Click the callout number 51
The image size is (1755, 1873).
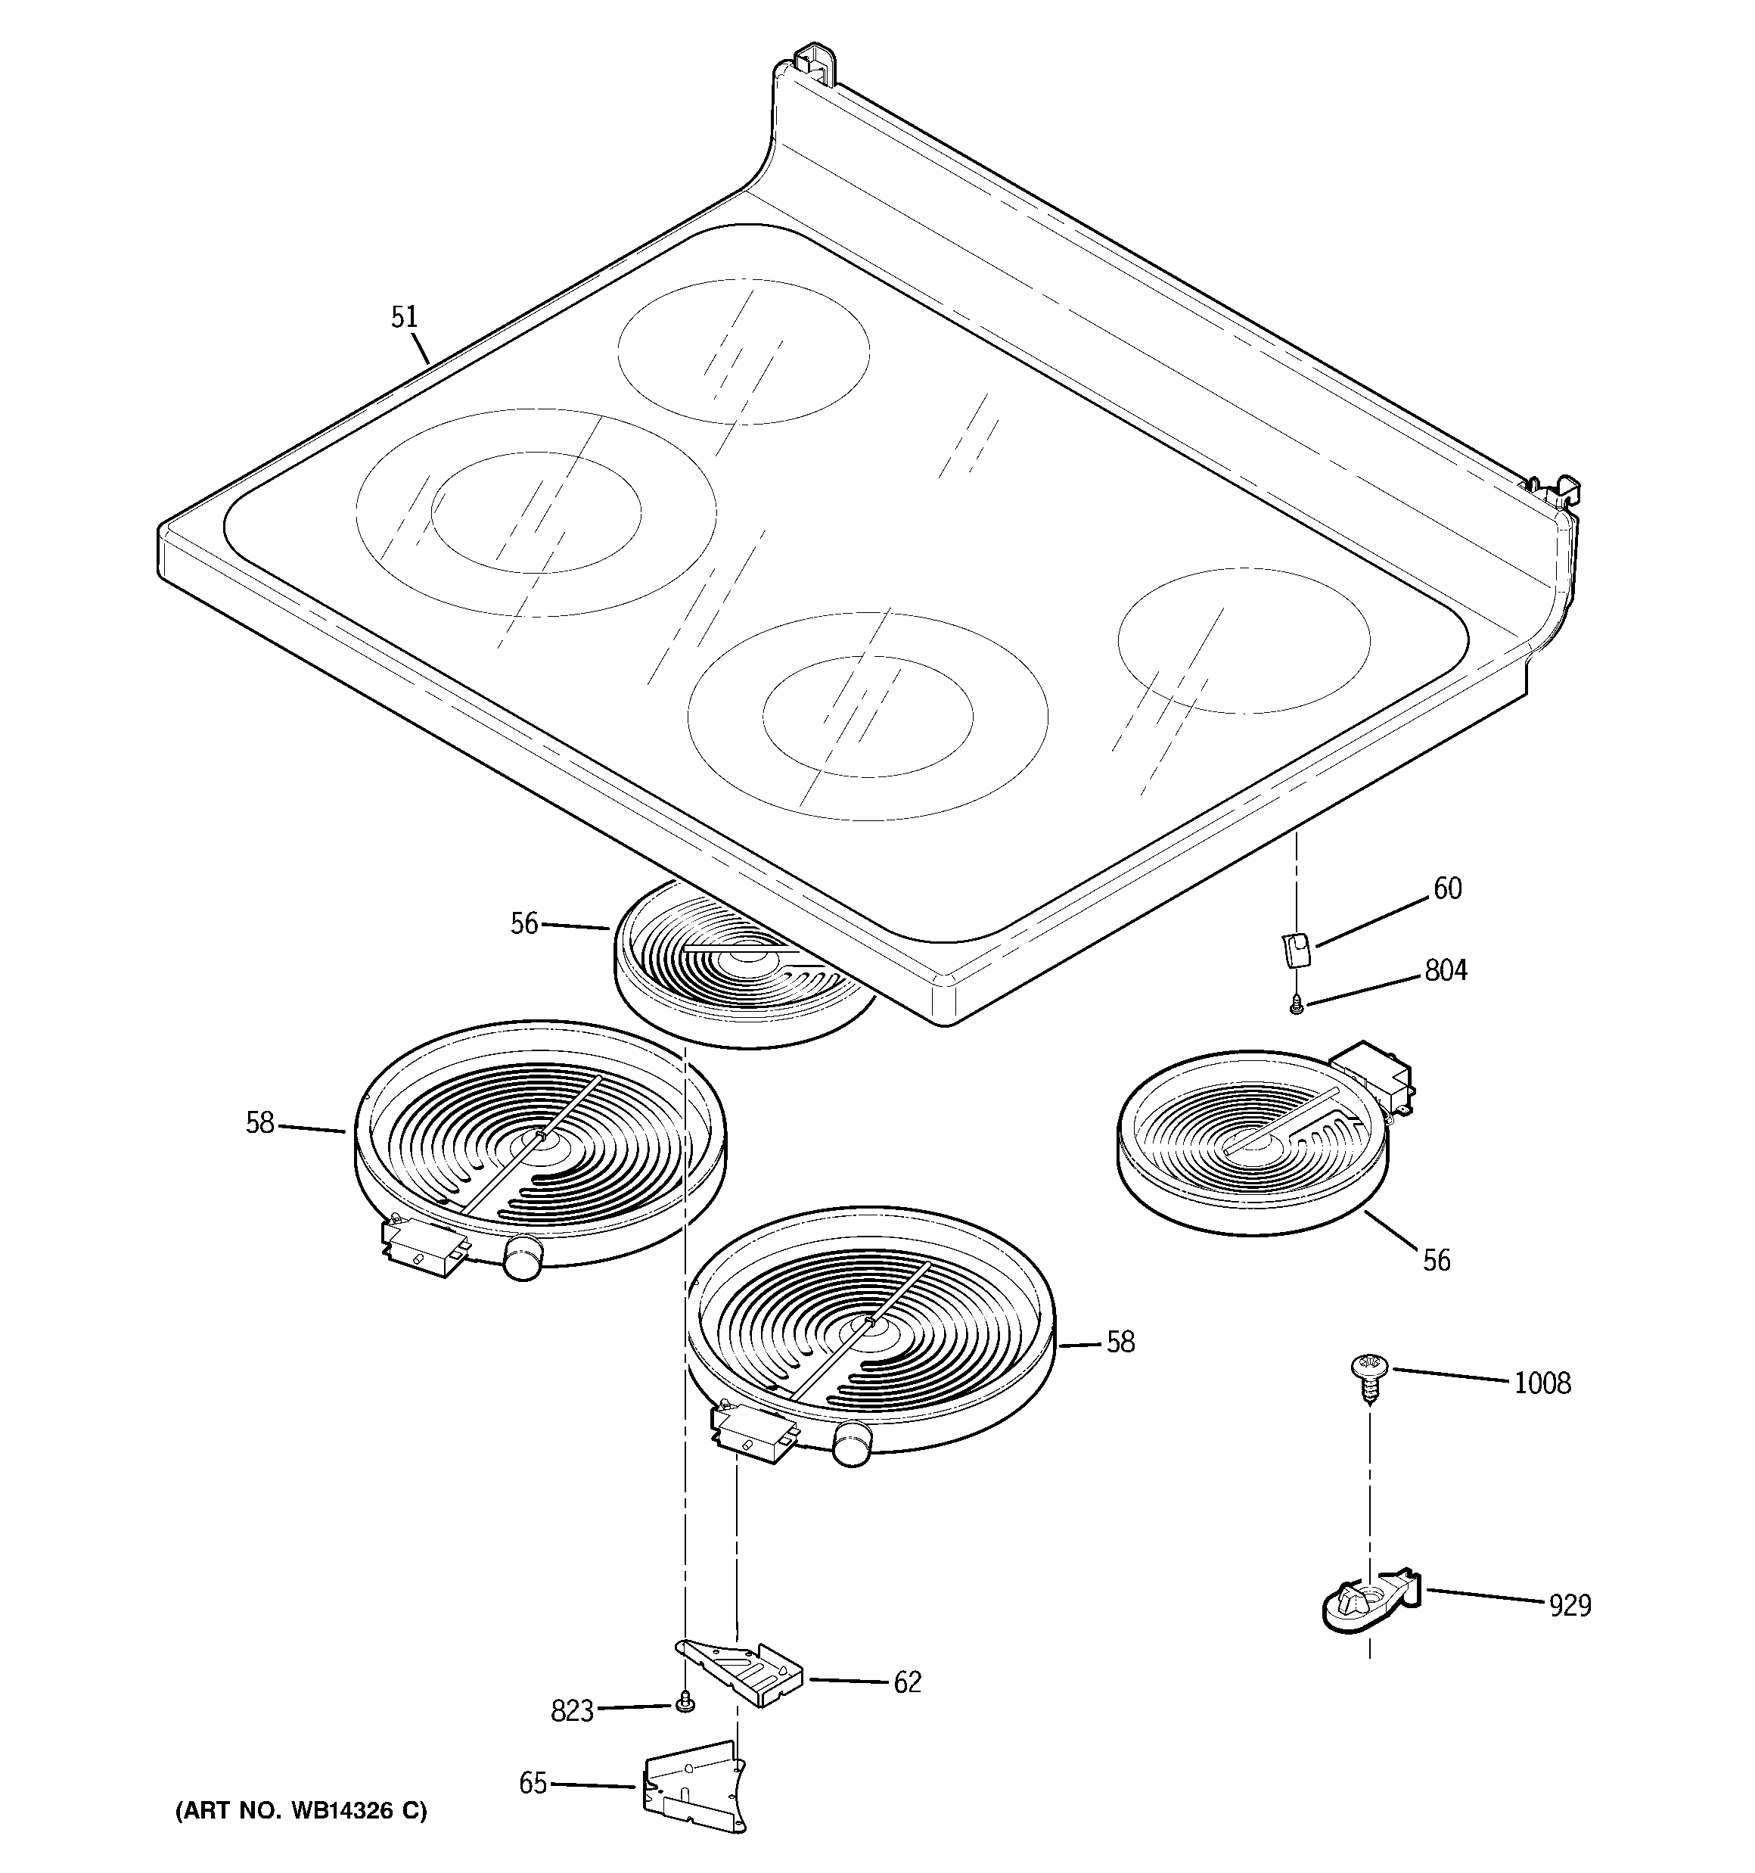click(x=404, y=319)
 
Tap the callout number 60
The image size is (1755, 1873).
click(x=1447, y=888)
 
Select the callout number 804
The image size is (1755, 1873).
click(x=1445, y=970)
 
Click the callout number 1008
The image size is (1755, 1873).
click(x=1542, y=1384)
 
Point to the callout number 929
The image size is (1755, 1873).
click(x=1570, y=1604)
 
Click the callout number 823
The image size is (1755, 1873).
click(x=572, y=1711)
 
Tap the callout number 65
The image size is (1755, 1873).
click(x=533, y=1784)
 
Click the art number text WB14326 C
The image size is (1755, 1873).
click(x=300, y=1811)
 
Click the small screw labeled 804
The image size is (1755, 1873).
click(x=1297, y=1005)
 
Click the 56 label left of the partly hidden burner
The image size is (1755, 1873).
click(x=523, y=924)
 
